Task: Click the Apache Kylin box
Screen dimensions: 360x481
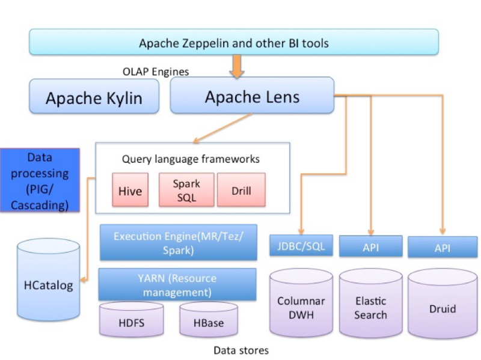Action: click(x=94, y=97)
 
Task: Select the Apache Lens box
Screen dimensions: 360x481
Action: click(x=252, y=96)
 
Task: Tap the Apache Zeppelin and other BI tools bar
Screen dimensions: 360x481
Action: click(x=233, y=43)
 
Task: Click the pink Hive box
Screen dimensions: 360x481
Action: click(x=130, y=191)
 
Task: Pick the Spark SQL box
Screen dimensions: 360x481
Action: click(x=186, y=189)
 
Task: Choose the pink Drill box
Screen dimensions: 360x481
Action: click(x=240, y=191)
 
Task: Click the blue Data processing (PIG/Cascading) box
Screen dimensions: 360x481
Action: click(x=40, y=181)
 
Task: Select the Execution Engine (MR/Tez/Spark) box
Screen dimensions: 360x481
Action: click(x=179, y=243)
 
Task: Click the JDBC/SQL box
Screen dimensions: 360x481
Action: click(x=301, y=245)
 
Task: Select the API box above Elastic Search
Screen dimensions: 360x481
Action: click(x=370, y=246)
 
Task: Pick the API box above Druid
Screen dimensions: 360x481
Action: click(x=438, y=247)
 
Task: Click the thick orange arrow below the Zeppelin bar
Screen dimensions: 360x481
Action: click(x=236, y=66)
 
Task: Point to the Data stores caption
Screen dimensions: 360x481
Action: click(x=241, y=350)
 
